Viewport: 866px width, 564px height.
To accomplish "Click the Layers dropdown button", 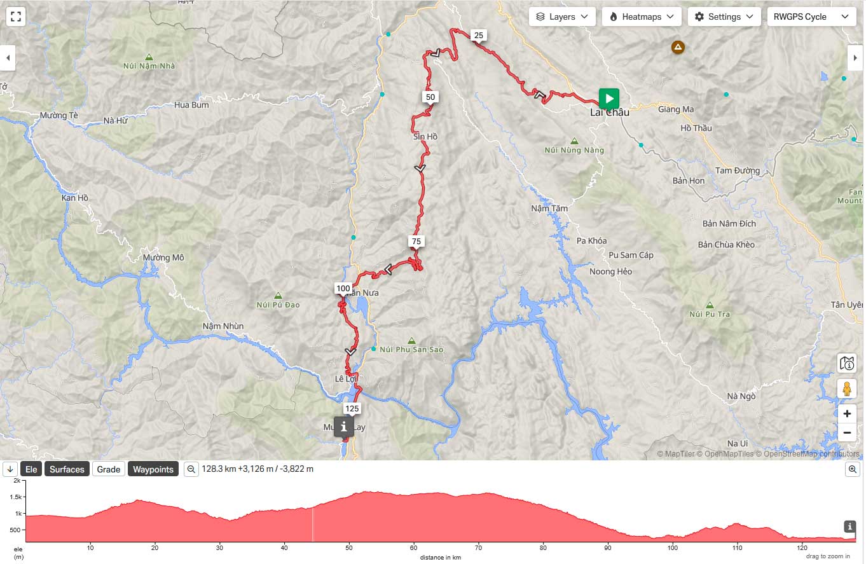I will pyautogui.click(x=562, y=17).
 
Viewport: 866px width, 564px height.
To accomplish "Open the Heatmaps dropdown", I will pyautogui.click(x=642, y=17).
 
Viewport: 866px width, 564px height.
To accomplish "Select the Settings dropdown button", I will pyautogui.click(x=724, y=17).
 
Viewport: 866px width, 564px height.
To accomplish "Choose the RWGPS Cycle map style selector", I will pyautogui.click(x=811, y=17).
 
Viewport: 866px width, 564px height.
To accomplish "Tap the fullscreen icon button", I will pyautogui.click(x=17, y=17).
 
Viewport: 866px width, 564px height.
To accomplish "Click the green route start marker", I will pyautogui.click(x=608, y=99).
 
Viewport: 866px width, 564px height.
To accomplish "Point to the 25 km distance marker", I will pyautogui.click(x=479, y=36).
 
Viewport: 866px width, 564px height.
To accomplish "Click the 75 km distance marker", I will pyautogui.click(x=416, y=242).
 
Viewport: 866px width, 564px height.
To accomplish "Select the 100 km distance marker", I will pyautogui.click(x=343, y=289).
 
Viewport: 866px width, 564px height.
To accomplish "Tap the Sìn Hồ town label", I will pyautogui.click(x=425, y=137).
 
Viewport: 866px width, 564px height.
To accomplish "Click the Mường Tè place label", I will pyautogui.click(x=58, y=116).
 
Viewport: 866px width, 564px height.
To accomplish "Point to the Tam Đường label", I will pyautogui.click(x=738, y=171).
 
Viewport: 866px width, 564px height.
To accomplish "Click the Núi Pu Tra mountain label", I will pyautogui.click(x=710, y=314).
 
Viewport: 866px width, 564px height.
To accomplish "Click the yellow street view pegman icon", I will pyautogui.click(x=846, y=388).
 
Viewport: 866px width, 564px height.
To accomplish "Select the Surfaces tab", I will pyautogui.click(x=67, y=469).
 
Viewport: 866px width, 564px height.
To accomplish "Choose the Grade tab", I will pyautogui.click(x=108, y=469).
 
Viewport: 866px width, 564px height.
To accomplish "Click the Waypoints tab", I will pyautogui.click(x=153, y=469).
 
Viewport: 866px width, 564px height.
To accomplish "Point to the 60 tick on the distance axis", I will pyautogui.click(x=413, y=547).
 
